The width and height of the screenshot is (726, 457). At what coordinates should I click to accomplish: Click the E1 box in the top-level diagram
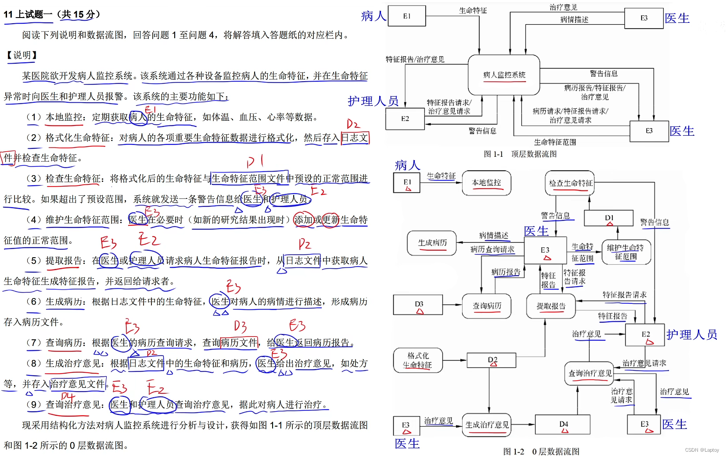click(406, 16)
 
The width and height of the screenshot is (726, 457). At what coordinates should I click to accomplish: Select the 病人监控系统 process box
click(504, 75)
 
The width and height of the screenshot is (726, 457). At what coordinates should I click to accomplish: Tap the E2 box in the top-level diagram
click(405, 119)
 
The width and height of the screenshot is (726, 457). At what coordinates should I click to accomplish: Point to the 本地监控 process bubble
click(486, 183)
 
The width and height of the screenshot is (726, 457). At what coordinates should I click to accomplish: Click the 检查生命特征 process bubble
click(571, 183)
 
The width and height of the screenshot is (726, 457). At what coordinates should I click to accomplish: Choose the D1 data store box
click(608, 218)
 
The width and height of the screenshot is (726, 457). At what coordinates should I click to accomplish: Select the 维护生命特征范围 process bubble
click(625, 252)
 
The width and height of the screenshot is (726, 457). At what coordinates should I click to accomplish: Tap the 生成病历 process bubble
click(432, 243)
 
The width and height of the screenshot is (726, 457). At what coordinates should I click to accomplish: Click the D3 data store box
click(418, 305)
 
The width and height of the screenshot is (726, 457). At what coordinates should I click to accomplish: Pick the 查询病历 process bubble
click(486, 306)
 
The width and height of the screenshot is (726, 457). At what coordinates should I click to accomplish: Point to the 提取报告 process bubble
click(550, 306)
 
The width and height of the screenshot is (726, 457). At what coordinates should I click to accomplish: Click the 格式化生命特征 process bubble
click(417, 360)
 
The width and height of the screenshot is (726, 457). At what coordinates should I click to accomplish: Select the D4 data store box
click(564, 425)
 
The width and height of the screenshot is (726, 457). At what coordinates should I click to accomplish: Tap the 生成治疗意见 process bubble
click(487, 425)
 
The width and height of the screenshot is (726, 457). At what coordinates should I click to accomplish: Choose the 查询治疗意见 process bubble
click(590, 373)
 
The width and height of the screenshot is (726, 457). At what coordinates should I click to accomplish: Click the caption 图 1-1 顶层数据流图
click(520, 154)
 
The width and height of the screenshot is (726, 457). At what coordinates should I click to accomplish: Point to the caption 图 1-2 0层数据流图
click(541, 451)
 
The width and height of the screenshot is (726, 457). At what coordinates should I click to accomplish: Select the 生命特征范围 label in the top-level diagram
click(555, 142)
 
